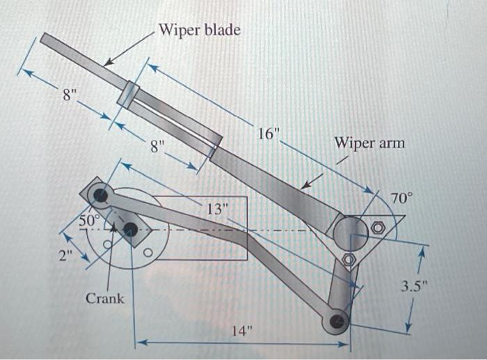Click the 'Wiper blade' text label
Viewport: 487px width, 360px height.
(x=200, y=30)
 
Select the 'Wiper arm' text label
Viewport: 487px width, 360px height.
(x=369, y=143)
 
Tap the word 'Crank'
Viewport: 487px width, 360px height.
(x=105, y=298)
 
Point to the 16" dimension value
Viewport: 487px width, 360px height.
(x=268, y=134)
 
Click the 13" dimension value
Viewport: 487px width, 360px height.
(x=216, y=208)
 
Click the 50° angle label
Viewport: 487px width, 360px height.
(x=90, y=219)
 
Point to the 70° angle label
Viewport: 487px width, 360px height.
(x=401, y=198)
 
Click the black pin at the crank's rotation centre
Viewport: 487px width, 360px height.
(x=130, y=230)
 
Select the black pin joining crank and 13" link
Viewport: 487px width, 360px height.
(x=101, y=195)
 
